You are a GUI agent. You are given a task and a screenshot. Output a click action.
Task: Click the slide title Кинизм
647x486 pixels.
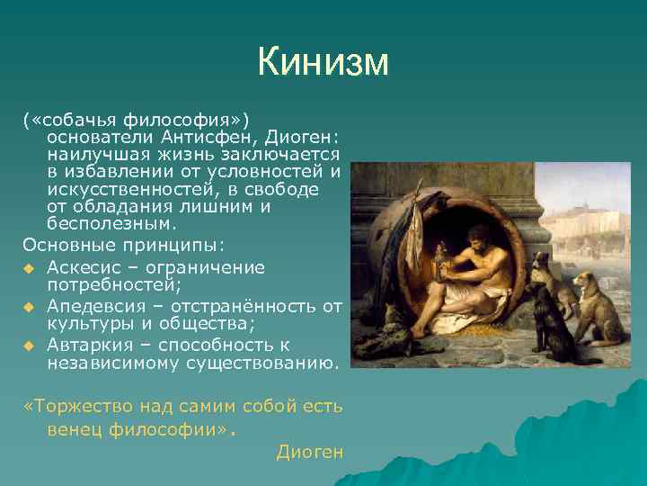coord(323,62)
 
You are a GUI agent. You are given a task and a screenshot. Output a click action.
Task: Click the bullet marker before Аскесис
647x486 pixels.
coord(29,268)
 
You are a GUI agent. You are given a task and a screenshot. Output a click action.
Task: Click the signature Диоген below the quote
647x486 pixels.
coord(310,451)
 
